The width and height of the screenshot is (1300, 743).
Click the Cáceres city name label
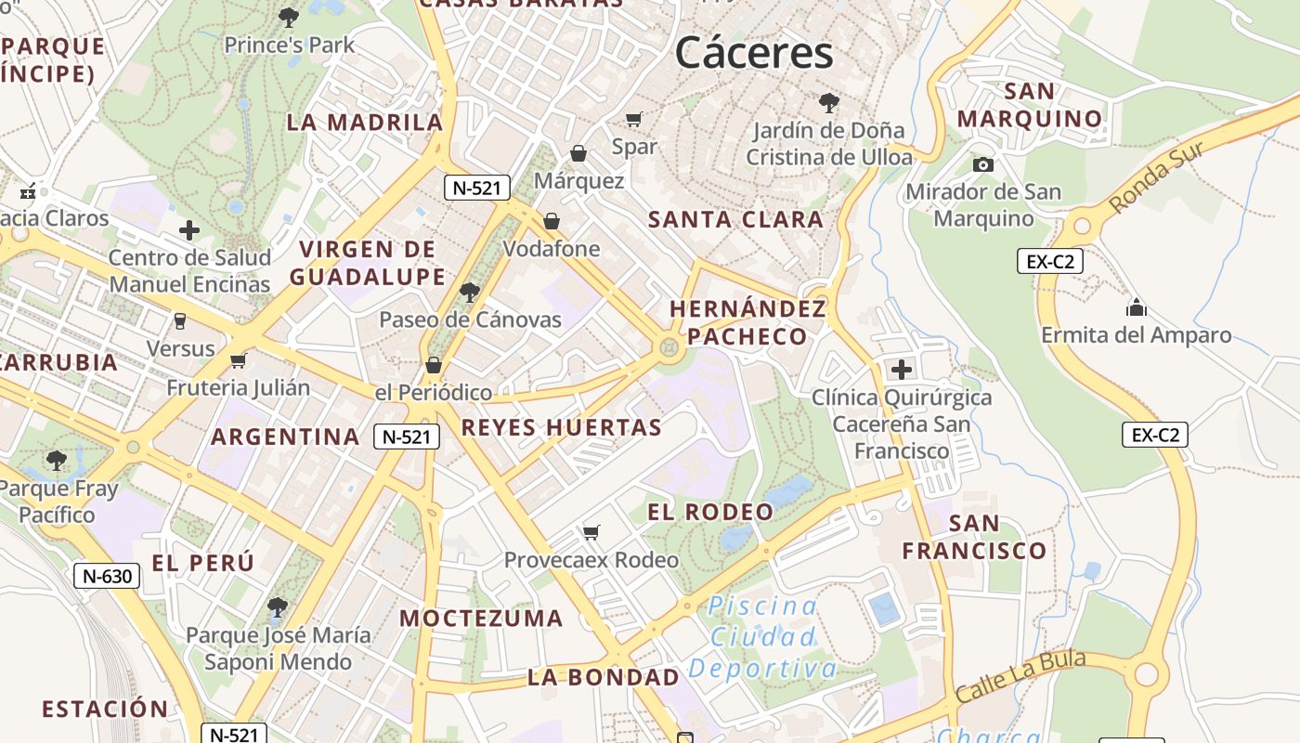[x=754, y=53]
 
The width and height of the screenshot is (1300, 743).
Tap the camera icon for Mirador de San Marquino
[x=982, y=164]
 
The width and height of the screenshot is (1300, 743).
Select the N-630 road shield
[x=107, y=576]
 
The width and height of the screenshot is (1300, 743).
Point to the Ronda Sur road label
[x=1157, y=176]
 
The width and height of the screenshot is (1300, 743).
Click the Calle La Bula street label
[x=1020, y=676]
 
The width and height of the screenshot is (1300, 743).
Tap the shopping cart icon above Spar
[x=634, y=119]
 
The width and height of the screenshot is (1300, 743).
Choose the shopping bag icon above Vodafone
[x=552, y=221]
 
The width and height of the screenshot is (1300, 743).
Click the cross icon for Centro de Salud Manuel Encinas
[x=189, y=230]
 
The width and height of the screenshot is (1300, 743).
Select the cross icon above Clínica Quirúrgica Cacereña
[x=901, y=370]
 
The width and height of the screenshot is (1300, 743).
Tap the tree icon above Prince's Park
[x=289, y=17]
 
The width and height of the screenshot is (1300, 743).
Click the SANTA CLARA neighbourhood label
[x=735, y=220]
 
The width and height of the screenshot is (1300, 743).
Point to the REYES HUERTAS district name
[x=561, y=428]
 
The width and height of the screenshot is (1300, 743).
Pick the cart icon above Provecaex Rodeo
[x=591, y=532]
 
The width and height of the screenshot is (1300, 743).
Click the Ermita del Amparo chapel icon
[x=1136, y=307]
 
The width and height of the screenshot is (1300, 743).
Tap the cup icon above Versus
[x=180, y=321]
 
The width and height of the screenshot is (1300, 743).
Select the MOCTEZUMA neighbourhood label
[x=481, y=619]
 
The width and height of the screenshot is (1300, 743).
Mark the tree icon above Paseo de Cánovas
[x=470, y=293]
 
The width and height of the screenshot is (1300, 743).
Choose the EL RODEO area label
[x=710, y=512]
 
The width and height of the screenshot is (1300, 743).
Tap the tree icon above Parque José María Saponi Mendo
[x=277, y=607]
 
